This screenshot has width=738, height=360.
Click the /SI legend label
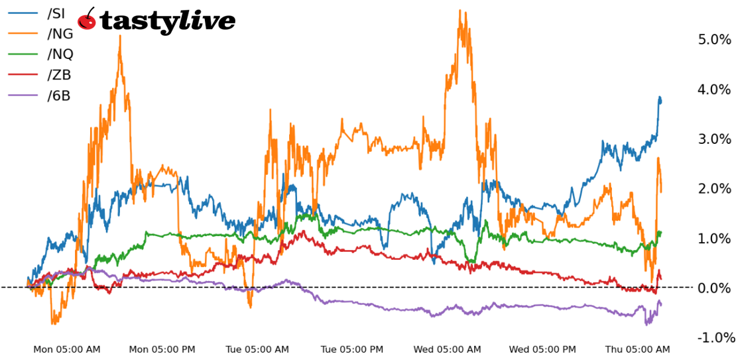[x=56, y=13]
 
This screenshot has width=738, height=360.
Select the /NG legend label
[x=60, y=33]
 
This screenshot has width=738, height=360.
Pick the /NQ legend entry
[x=60, y=54]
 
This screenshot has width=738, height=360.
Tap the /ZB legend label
[x=59, y=75]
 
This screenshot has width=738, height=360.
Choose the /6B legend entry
[x=58, y=95]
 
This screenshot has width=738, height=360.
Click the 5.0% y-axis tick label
[x=713, y=40]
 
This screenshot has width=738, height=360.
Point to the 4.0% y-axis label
[x=713, y=90]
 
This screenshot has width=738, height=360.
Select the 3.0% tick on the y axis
[x=713, y=139]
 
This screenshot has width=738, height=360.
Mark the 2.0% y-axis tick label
[x=713, y=189]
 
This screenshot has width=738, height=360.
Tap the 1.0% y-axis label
[x=713, y=239]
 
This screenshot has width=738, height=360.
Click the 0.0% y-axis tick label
[x=713, y=288]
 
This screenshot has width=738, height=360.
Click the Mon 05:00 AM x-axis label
[x=67, y=349]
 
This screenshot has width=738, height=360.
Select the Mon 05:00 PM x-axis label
[x=162, y=349]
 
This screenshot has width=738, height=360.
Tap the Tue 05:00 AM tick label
[x=257, y=349]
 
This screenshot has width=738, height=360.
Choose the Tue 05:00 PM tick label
[x=352, y=349]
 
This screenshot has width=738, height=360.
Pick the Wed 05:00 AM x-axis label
[x=447, y=349]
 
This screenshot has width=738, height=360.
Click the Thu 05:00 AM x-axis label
[x=637, y=349]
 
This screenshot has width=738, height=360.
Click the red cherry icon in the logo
[x=87, y=20]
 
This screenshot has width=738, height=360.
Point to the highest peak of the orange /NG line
[x=460, y=11]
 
